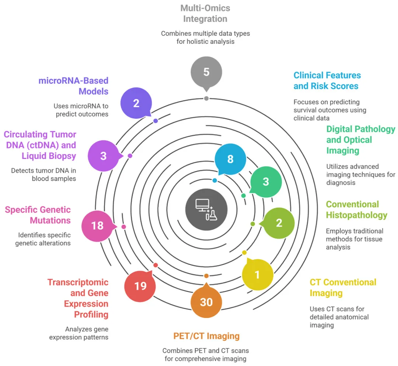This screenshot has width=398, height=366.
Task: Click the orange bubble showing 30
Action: (x=206, y=302)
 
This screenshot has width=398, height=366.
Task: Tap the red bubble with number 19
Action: (x=140, y=286)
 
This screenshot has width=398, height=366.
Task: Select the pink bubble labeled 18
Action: (x=97, y=226)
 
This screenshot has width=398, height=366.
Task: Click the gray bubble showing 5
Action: (x=206, y=72)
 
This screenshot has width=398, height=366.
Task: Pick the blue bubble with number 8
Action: (x=230, y=159)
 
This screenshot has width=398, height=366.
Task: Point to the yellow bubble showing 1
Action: (x=257, y=274)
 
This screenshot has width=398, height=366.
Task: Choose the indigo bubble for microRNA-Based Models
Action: (x=136, y=103)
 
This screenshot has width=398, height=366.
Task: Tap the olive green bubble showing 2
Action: (x=279, y=223)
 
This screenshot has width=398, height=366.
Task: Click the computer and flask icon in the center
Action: (x=206, y=210)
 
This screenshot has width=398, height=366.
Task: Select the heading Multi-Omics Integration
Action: (x=205, y=14)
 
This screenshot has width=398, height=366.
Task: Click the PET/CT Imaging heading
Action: (x=206, y=336)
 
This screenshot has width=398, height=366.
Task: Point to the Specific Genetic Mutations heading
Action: (x=38, y=215)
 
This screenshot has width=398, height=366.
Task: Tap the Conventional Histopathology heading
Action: (x=357, y=210)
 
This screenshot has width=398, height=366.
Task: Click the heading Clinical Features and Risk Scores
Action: (x=327, y=81)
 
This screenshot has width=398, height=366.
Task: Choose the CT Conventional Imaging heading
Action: (x=343, y=288)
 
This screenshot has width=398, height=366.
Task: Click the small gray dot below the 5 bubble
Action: (x=206, y=98)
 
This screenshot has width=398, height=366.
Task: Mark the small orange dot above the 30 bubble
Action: (x=206, y=276)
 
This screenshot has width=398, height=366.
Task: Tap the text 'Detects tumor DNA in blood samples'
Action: (x=43, y=175)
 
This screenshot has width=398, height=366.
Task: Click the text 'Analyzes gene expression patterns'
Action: (x=79, y=333)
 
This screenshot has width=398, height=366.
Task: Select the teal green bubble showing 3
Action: (x=266, y=182)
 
